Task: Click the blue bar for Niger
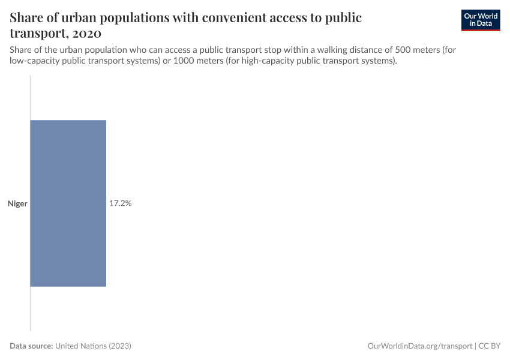[68, 203]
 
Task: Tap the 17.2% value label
[120, 203]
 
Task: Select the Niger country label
[17, 204]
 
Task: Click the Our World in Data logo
[480, 20]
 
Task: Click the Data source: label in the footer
[31, 346]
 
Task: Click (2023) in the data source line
[120, 346]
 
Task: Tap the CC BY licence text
[490, 346]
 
